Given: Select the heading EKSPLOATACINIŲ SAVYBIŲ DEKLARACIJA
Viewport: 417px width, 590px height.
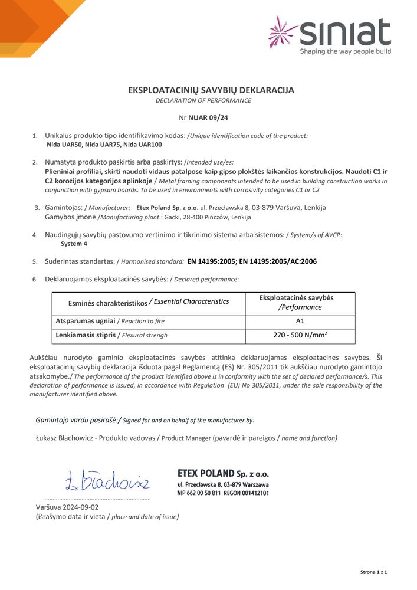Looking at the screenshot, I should pyautogui.click(x=211, y=90).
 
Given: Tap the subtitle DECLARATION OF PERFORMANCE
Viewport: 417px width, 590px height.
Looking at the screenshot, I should pyautogui.click(x=203, y=100).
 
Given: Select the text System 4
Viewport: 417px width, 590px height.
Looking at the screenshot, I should pyautogui.click(x=75, y=244).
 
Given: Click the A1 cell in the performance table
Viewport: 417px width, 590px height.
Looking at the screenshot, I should pyautogui.click(x=299, y=322).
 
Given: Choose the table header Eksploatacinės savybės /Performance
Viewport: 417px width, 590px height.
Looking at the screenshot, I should pyautogui.click(x=300, y=303).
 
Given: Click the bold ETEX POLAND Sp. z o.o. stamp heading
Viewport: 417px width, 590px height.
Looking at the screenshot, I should pyautogui.click(x=223, y=474).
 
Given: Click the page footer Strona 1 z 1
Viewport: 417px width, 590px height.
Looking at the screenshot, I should pyautogui.click(x=373, y=572).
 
